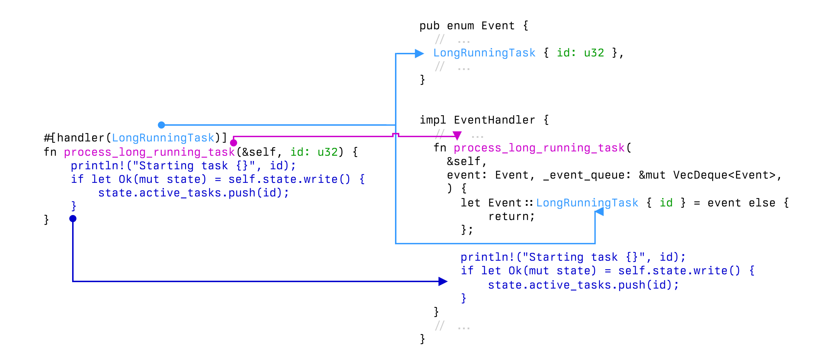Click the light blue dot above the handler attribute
[x=161, y=125]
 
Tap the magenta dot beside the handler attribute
[x=234, y=143]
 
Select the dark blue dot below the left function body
[x=73, y=219]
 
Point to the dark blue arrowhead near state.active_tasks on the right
[x=443, y=281]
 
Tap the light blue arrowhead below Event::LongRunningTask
[x=599, y=212]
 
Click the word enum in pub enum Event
[x=460, y=26]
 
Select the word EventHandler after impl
[x=494, y=120]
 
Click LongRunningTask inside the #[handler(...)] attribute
[x=163, y=138]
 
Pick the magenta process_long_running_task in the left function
[x=149, y=152]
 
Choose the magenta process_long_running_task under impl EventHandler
[x=539, y=148]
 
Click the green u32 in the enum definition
[x=594, y=53]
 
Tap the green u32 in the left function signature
[x=327, y=152]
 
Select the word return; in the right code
[x=511, y=217]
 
